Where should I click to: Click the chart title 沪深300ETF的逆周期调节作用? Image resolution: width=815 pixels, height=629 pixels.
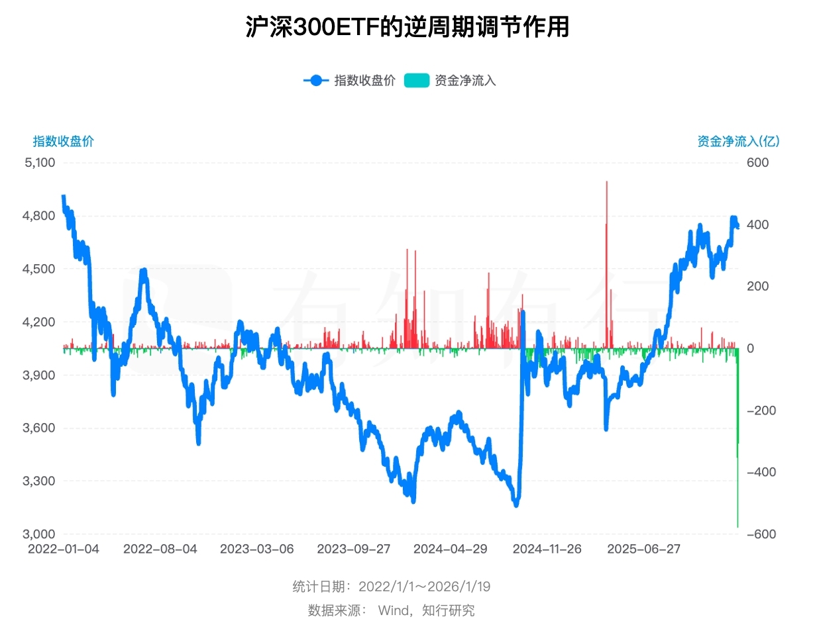coord(407,27)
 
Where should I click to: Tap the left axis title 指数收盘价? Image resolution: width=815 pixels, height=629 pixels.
coord(64,141)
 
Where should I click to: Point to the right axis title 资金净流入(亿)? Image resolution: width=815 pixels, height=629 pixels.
coord(738,141)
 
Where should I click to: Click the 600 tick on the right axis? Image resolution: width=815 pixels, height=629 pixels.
coord(757,163)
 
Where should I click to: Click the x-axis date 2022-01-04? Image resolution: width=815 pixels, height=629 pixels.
coord(64,550)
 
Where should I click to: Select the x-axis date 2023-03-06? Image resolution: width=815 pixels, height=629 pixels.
coord(257,550)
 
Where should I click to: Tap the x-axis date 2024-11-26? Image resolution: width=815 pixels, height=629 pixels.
coord(547,550)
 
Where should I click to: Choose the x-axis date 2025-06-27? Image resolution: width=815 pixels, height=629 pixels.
coord(644,550)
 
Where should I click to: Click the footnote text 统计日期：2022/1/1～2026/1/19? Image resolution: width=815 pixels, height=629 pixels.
coord(392,587)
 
